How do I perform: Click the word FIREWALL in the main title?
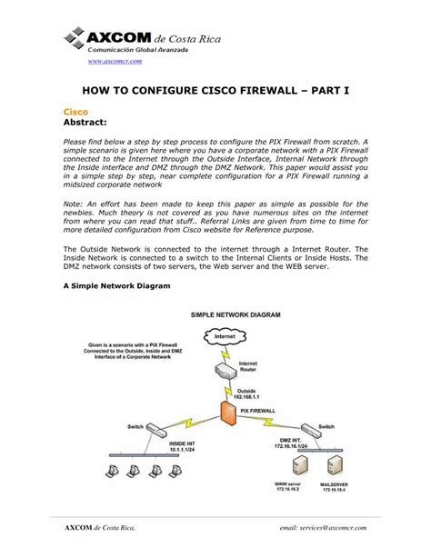tap(282, 91)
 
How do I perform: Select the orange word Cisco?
tap(75, 110)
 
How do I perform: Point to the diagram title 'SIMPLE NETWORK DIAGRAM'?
tap(236, 314)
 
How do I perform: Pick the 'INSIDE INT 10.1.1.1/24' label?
tap(184, 447)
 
